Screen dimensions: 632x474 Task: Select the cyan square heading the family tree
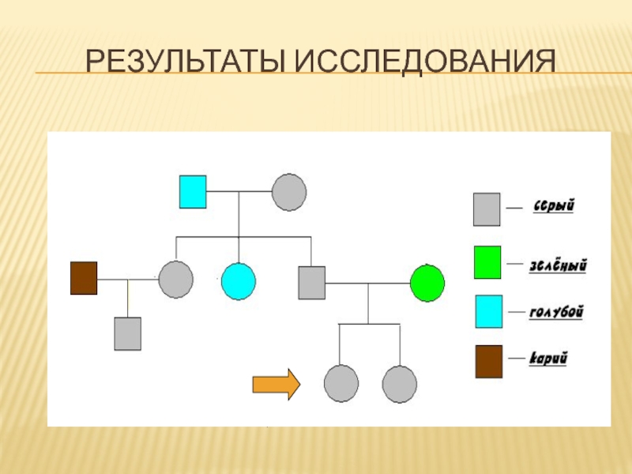(193, 191)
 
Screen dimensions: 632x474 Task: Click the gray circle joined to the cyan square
(288, 192)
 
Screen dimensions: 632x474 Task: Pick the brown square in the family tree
(84, 278)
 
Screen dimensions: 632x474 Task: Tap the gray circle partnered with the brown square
(175, 279)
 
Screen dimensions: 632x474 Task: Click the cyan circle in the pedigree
(239, 280)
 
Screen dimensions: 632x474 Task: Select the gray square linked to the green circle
(311, 282)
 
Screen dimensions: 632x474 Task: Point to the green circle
(427, 282)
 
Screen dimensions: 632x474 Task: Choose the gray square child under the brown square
(127, 333)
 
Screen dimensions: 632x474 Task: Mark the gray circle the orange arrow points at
(340, 385)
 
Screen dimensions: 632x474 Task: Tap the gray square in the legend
(487, 209)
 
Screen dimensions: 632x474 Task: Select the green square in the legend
(487, 262)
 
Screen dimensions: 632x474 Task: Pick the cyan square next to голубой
(487, 311)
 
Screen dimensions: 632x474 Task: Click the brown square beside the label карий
(487, 361)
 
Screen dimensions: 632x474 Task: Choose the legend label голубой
(556, 313)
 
